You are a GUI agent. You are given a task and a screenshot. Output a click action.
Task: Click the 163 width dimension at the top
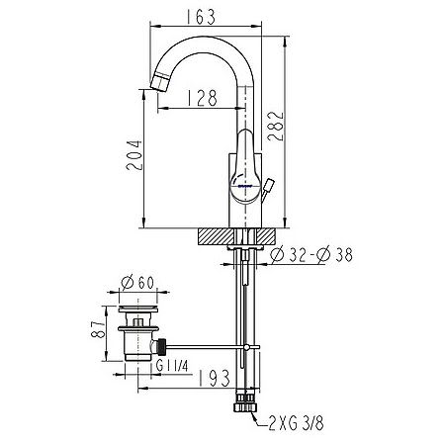(x=201, y=17)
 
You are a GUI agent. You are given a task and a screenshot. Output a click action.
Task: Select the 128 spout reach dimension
(x=203, y=98)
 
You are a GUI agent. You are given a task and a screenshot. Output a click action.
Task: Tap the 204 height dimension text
(x=134, y=155)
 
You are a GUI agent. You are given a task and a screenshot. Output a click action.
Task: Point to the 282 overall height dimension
(x=275, y=127)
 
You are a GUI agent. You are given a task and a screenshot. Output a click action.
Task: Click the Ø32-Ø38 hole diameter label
(x=311, y=255)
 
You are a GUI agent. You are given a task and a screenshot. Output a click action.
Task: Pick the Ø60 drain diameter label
(x=137, y=282)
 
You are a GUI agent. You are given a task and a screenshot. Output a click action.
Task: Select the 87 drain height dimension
(x=98, y=328)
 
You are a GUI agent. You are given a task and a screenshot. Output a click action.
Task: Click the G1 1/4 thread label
(x=172, y=366)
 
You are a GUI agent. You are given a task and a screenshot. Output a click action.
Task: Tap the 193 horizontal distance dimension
(x=214, y=378)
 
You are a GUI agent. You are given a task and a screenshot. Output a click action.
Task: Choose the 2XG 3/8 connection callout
(x=296, y=423)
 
